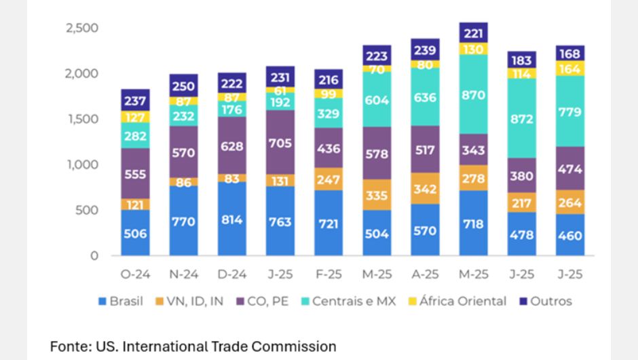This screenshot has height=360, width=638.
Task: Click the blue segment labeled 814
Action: click(x=232, y=219)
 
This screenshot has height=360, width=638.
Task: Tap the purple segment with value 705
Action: click(x=280, y=143)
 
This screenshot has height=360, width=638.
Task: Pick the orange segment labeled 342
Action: click(x=425, y=188)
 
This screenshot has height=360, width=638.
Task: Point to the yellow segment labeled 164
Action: click(x=570, y=69)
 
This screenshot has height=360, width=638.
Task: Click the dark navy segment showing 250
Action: click(x=184, y=86)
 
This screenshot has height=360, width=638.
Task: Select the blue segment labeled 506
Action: click(x=135, y=233)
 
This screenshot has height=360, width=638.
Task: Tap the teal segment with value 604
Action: click(x=377, y=100)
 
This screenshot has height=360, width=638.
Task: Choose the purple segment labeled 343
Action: click(x=473, y=149)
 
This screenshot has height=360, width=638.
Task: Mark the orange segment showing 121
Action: click(x=135, y=204)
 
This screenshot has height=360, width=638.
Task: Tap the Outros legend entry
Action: click(x=546, y=301)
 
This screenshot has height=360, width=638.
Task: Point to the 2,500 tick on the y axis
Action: click(x=82, y=28)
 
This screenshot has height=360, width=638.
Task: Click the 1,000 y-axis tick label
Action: click(x=82, y=164)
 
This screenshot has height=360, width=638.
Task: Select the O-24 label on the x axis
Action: click(x=135, y=275)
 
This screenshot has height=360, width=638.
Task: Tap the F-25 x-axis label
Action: click(x=329, y=275)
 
